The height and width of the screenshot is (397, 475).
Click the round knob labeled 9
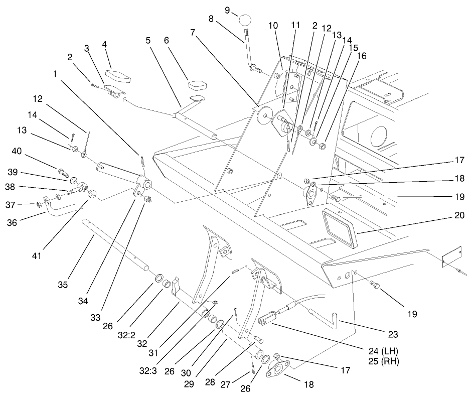pyautogui.click(x=245, y=20)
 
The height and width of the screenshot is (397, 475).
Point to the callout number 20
pyautogui.click(x=459, y=215)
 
